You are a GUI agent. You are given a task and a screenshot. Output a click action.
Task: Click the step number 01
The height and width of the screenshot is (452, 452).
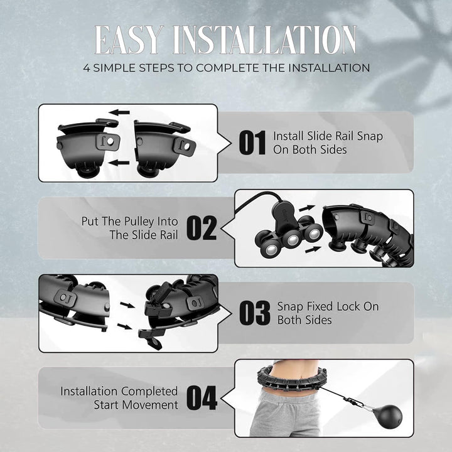click(252, 143)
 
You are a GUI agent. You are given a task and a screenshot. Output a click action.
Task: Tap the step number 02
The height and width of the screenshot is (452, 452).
click(202, 228)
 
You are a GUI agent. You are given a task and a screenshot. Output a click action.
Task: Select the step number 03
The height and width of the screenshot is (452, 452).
click(255, 313)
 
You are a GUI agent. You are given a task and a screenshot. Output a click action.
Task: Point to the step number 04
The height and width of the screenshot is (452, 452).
click(202, 398)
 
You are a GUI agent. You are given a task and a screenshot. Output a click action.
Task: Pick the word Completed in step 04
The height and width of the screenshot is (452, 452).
click(149, 392)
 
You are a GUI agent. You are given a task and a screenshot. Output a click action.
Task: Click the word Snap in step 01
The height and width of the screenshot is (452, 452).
click(370, 136)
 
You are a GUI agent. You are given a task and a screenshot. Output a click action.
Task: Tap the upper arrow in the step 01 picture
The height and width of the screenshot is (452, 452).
click(119, 112)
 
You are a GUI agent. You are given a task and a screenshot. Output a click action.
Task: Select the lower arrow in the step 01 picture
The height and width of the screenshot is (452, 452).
click(119, 163)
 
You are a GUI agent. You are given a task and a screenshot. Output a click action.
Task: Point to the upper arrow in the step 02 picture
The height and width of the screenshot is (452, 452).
click(307, 208)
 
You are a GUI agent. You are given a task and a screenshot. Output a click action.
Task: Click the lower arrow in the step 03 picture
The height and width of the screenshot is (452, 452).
click(124, 326)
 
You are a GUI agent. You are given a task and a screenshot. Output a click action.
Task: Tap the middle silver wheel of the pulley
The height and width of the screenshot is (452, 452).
click(293, 240)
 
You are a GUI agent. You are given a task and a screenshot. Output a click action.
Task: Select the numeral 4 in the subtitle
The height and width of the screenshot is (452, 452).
click(87, 68)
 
